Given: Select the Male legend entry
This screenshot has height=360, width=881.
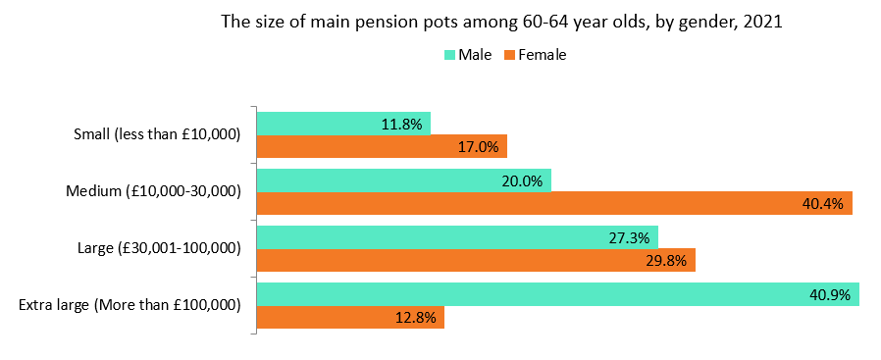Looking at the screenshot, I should [468, 55].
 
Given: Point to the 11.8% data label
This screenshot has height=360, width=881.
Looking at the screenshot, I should [401, 124].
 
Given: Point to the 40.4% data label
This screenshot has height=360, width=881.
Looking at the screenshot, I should [823, 203].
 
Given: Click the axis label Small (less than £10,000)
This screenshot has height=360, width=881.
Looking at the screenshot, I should [157, 134].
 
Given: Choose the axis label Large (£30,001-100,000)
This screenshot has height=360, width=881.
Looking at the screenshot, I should [160, 248].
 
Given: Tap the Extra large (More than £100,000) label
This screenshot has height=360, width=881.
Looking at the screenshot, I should [130, 305].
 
